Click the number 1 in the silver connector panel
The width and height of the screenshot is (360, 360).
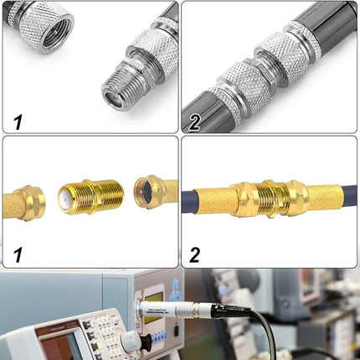coord(16,121)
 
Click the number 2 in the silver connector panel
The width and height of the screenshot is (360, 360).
coord(195,121)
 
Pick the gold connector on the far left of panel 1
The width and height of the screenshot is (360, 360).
coord(23,202)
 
